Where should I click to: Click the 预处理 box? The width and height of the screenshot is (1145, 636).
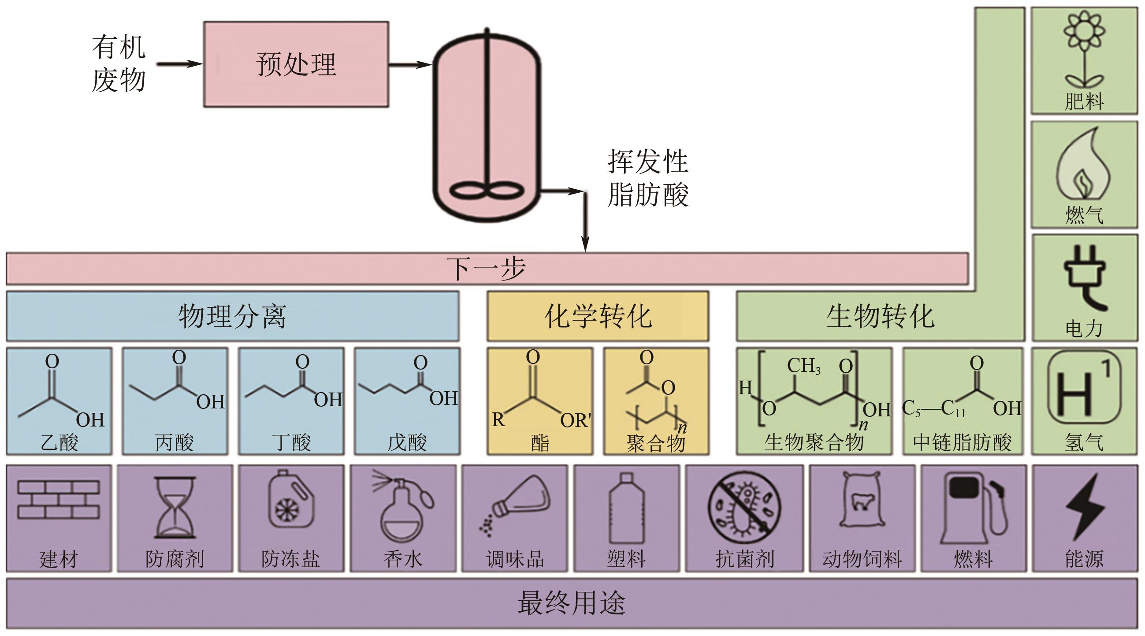click(296, 64)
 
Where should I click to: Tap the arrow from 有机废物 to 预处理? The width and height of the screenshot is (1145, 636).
click(179, 64)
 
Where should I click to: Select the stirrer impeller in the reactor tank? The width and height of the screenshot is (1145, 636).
click(487, 191)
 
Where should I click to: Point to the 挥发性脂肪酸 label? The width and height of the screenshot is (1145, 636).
click(647, 178)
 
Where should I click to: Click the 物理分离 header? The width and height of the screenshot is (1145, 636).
click(232, 316)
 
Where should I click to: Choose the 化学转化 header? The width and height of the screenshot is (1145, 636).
click(597, 316)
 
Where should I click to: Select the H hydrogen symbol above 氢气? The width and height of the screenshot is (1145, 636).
click(1084, 394)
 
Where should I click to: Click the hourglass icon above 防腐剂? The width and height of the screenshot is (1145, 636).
click(175, 507)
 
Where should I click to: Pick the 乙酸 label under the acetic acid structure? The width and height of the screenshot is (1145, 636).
click(59, 442)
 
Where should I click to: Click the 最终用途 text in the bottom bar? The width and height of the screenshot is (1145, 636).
click(572, 603)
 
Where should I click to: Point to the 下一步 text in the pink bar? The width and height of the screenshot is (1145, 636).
click(486, 268)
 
